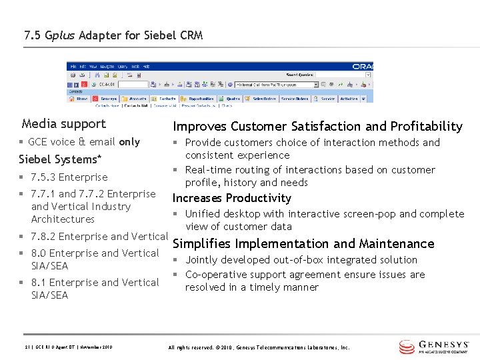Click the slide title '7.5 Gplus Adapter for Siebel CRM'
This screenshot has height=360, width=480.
(x=113, y=35)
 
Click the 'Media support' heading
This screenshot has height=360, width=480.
(x=63, y=124)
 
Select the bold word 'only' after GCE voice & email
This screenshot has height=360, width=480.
(x=129, y=142)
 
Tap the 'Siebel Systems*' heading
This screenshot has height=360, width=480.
(x=60, y=159)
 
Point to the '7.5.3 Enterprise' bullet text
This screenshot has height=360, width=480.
(x=69, y=177)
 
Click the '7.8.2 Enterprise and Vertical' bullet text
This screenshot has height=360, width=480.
(x=99, y=237)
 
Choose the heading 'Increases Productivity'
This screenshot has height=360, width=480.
(x=232, y=198)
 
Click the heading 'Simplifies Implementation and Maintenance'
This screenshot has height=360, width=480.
(x=303, y=244)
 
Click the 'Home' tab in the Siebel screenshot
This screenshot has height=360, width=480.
(x=80, y=99)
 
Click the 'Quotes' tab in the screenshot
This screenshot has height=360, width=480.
(x=233, y=99)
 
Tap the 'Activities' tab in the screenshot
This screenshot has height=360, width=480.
(x=349, y=99)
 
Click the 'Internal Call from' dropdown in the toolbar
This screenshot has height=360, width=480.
(x=277, y=85)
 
